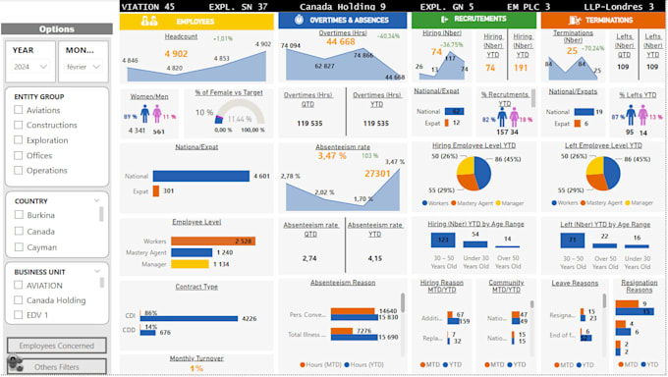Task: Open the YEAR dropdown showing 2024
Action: point(30,67)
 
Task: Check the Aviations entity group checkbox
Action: point(19,110)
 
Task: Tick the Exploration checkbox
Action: point(19,139)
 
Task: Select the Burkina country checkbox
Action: point(19,214)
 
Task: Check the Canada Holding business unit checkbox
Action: point(19,299)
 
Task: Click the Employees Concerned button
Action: point(56,346)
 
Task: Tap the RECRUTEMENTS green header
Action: point(474,20)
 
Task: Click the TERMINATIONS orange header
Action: point(601,20)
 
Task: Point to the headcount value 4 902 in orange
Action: point(176,54)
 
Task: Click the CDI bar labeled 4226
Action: point(192,318)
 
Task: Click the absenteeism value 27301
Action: point(377,172)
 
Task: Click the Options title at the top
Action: point(56,29)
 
